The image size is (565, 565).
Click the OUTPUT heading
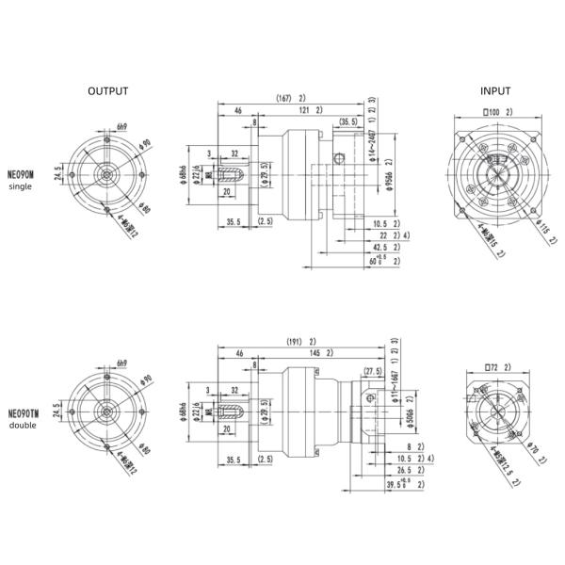(x=107, y=91)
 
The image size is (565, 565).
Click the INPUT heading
(x=495, y=91)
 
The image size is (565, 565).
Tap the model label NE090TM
(x=24, y=412)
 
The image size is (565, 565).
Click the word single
(x=20, y=186)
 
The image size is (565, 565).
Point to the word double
(x=22, y=425)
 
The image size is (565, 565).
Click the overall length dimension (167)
(x=286, y=98)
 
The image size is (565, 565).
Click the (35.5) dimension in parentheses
(x=348, y=122)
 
